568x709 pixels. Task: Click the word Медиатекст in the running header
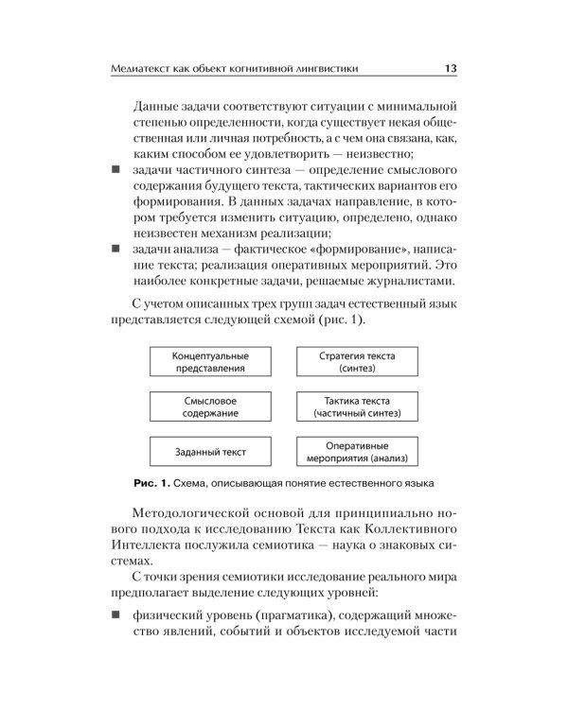click(x=142, y=68)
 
